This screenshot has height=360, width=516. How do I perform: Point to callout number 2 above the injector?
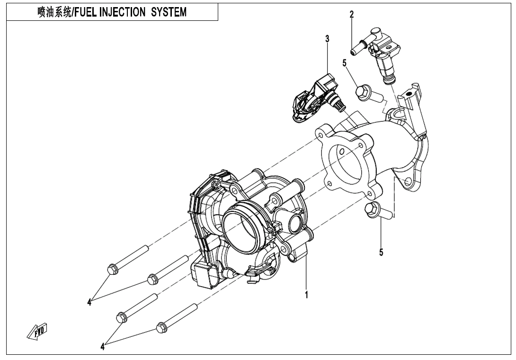[x=351, y=14]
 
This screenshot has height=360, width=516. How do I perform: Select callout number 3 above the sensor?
[x=327, y=39]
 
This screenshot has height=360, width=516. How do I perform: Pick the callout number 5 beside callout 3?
[x=345, y=62]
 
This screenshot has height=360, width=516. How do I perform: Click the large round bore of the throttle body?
[x=242, y=227]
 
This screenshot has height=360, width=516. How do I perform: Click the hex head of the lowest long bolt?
[x=161, y=327]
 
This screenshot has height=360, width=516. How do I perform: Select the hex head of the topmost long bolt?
[x=112, y=269]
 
